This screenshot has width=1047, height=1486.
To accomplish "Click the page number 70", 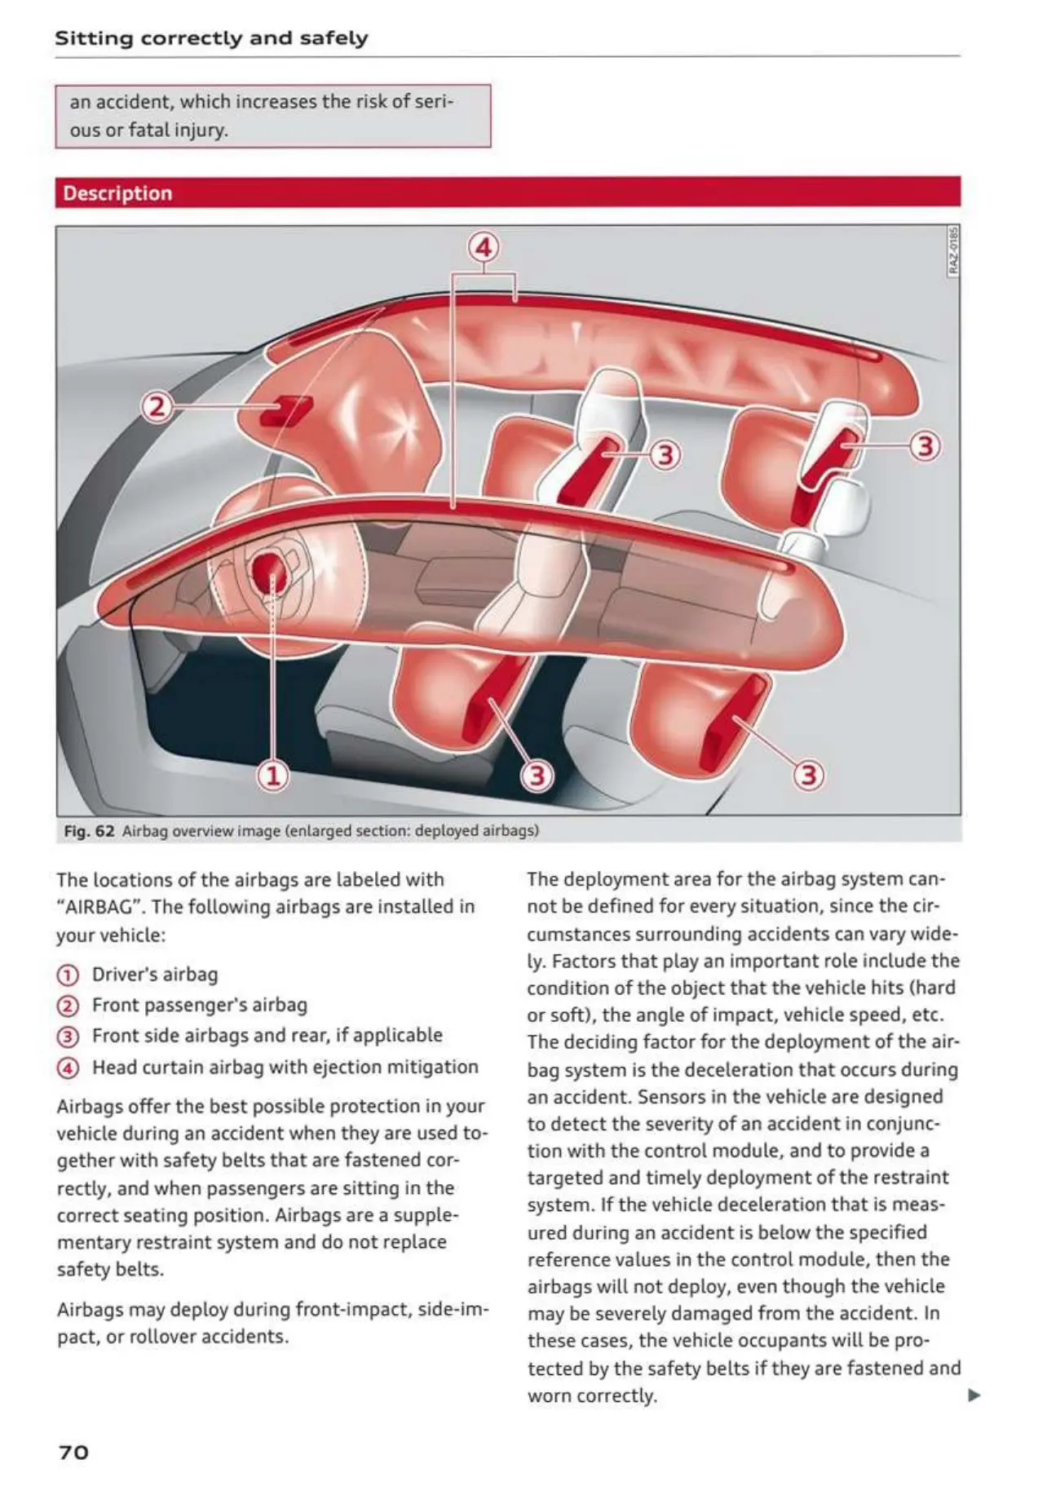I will point(73,1452).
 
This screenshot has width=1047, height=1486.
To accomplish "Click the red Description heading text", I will point(117,193).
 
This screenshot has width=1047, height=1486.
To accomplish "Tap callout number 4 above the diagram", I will point(484,246).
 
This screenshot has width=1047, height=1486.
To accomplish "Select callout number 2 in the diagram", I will point(157,405).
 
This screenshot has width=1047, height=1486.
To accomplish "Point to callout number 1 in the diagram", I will point(273,775).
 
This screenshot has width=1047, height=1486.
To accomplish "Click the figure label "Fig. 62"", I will point(89,831).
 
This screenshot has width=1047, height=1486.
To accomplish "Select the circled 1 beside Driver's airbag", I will point(68,975).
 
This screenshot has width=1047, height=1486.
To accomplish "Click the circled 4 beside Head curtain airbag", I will point(68,1068).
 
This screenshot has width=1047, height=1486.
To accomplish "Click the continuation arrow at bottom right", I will point(974,1395).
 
